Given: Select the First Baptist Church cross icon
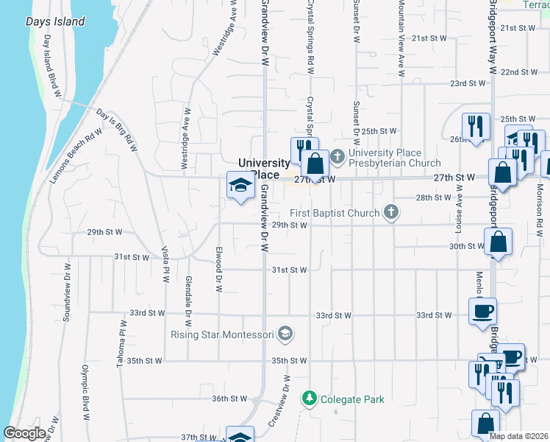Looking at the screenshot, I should coord(391,213).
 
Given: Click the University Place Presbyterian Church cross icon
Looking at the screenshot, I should coord(337,156).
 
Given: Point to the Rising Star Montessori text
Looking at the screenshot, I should coord(223,335).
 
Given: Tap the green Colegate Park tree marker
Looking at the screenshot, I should coord(310,399).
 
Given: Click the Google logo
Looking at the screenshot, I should coord(25,433).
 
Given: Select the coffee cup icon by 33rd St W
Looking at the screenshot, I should coord(483,310).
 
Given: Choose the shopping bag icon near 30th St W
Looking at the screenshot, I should coord(498,242).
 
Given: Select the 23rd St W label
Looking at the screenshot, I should coord(468,83).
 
